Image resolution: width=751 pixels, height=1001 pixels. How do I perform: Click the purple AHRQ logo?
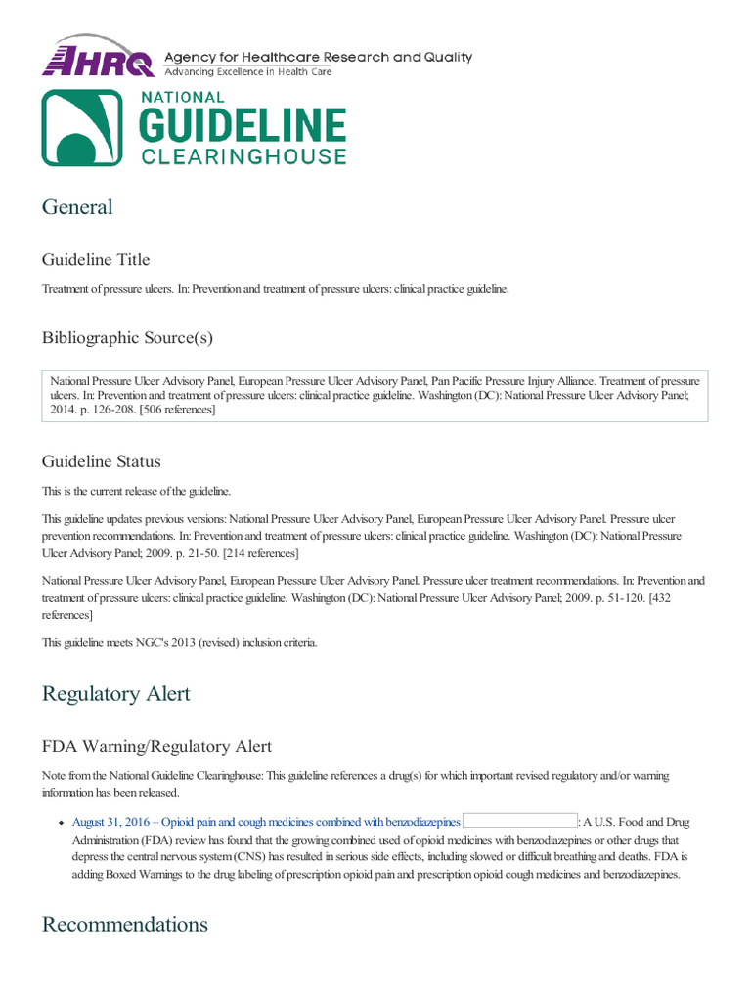[98, 59]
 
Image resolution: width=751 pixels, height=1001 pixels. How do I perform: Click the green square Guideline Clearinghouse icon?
[82, 127]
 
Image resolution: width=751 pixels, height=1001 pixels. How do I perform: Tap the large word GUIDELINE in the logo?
[243, 126]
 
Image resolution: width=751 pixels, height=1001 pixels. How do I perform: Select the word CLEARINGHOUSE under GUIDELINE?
[243, 156]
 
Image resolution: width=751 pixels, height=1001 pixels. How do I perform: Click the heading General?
[77, 207]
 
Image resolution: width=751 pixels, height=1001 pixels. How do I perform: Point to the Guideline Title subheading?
[96, 259]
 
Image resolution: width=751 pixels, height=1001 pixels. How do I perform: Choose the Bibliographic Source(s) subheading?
[127, 338]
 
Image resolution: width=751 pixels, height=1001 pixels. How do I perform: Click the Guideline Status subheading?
[101, 461]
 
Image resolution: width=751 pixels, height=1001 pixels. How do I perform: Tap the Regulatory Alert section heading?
[115, 694]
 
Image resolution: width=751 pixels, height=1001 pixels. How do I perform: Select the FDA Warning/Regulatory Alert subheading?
[156, 747]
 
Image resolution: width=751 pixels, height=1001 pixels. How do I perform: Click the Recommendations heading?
[124, 925]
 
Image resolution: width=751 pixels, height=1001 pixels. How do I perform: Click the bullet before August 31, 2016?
[61, 823]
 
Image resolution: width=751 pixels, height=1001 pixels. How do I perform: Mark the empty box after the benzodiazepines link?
[519, 822]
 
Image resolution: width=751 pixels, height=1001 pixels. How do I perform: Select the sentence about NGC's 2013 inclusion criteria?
[179, 641]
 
